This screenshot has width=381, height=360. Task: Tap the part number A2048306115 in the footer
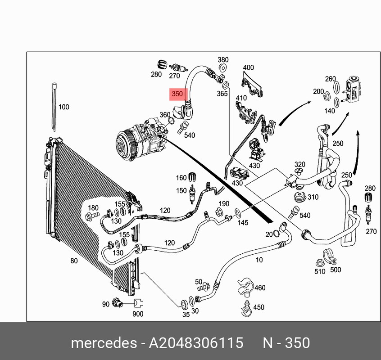point(196,343)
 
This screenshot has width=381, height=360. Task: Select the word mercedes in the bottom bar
point(104,343)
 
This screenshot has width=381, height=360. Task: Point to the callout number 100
point(63,107)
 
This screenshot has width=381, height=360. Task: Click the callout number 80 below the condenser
point(74,261)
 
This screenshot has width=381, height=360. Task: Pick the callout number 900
point(138,314)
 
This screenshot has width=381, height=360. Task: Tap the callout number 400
point(248,67)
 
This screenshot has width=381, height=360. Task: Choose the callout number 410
point(241,98)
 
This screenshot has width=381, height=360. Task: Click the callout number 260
point(331,79)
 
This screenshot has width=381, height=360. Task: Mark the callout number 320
point(300,164)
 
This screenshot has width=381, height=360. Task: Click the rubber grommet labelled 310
point(300,197)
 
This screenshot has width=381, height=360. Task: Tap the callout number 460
point(260,288)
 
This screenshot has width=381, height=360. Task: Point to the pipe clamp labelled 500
point(330,257)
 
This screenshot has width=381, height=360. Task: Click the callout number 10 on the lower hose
point(259,260)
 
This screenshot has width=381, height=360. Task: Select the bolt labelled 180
point(92,216)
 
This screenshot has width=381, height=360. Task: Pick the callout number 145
point(243,222)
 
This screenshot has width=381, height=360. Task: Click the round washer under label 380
point(222,68)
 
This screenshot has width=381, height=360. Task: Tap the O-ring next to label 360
point(171,121)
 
